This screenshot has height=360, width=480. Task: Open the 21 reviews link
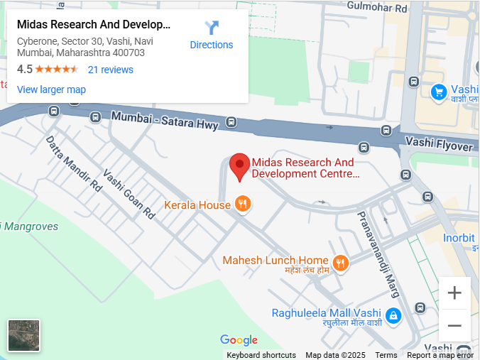click(110, 70)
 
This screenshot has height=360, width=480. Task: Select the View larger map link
click(51, 89)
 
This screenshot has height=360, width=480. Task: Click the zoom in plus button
click(454, 293)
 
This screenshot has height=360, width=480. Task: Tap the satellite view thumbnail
click(24, 336)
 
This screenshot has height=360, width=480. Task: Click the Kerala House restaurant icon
click(243, 204)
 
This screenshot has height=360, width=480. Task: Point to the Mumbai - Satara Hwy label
click(165, 121)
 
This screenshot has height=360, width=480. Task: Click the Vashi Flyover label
click(438, 144)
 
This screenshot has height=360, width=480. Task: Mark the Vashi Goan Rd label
click(129, 192)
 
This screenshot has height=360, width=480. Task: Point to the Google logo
click(239, 340)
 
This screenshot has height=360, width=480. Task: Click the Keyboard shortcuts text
click(261, 355)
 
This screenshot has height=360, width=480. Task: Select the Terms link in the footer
click(386, 355)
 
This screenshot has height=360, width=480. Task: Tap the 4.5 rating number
click(25, 70)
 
